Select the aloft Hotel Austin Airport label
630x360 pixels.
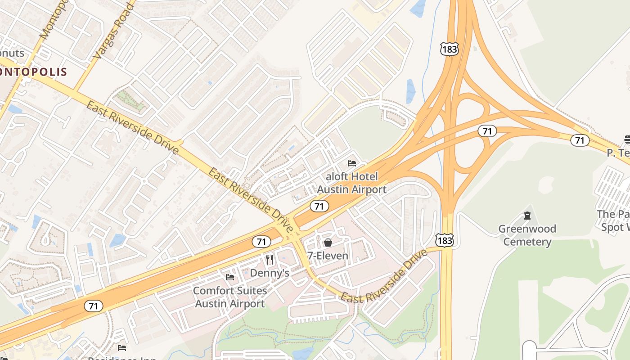tap(351, 183)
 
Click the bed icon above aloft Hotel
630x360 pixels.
tap(352, 163)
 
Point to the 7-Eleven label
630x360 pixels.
tap(328, 256)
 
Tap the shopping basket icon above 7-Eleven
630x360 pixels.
tap(328, 243)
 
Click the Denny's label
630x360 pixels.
tap(269, 273)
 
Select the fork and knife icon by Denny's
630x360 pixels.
tap(269, 260)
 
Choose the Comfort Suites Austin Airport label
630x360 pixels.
tap(230, 297)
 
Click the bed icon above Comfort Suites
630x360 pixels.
tap(230, 277)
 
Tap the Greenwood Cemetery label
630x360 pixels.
tap(527, 235)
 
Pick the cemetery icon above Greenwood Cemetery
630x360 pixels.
tap(527, 216)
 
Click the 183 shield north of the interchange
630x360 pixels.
tap(450, 49)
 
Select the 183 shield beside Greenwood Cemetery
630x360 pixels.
tap(444, 241)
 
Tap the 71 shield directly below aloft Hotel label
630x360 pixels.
tap(319, 207)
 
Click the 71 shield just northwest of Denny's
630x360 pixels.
tap(261, 242)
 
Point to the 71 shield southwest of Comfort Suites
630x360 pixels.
tap(93, 306)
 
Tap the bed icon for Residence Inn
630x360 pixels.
tap(122, 347)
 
